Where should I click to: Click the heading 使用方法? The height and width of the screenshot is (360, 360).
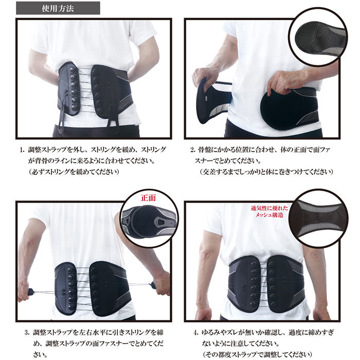coord(58,9)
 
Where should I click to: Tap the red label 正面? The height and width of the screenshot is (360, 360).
coord(148,198)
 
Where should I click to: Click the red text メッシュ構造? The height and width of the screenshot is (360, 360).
coord(269,215)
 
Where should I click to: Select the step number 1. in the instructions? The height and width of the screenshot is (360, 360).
coord(22,150)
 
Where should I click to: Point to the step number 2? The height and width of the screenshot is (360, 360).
coord(193,150)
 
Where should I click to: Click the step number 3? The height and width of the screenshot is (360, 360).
coord(27,332)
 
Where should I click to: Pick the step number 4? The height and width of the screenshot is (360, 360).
coord(196,332)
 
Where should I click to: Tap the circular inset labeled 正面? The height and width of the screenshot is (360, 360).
coord(149,219)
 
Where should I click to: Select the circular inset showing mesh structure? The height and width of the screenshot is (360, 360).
coord(318,219)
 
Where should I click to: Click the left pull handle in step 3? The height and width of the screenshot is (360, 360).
coord(30,292)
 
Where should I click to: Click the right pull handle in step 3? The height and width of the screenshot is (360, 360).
coord(152,285)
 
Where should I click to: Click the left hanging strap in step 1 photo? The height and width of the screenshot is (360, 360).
coord(62,115)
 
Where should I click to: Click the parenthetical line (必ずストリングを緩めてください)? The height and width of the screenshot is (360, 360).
coord(74,172)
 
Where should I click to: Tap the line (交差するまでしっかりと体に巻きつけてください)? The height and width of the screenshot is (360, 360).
coord(266,172)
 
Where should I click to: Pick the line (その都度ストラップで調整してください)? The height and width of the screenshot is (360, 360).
coord(258,354)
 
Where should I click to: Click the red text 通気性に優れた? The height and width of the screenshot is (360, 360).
coord(269,208)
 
